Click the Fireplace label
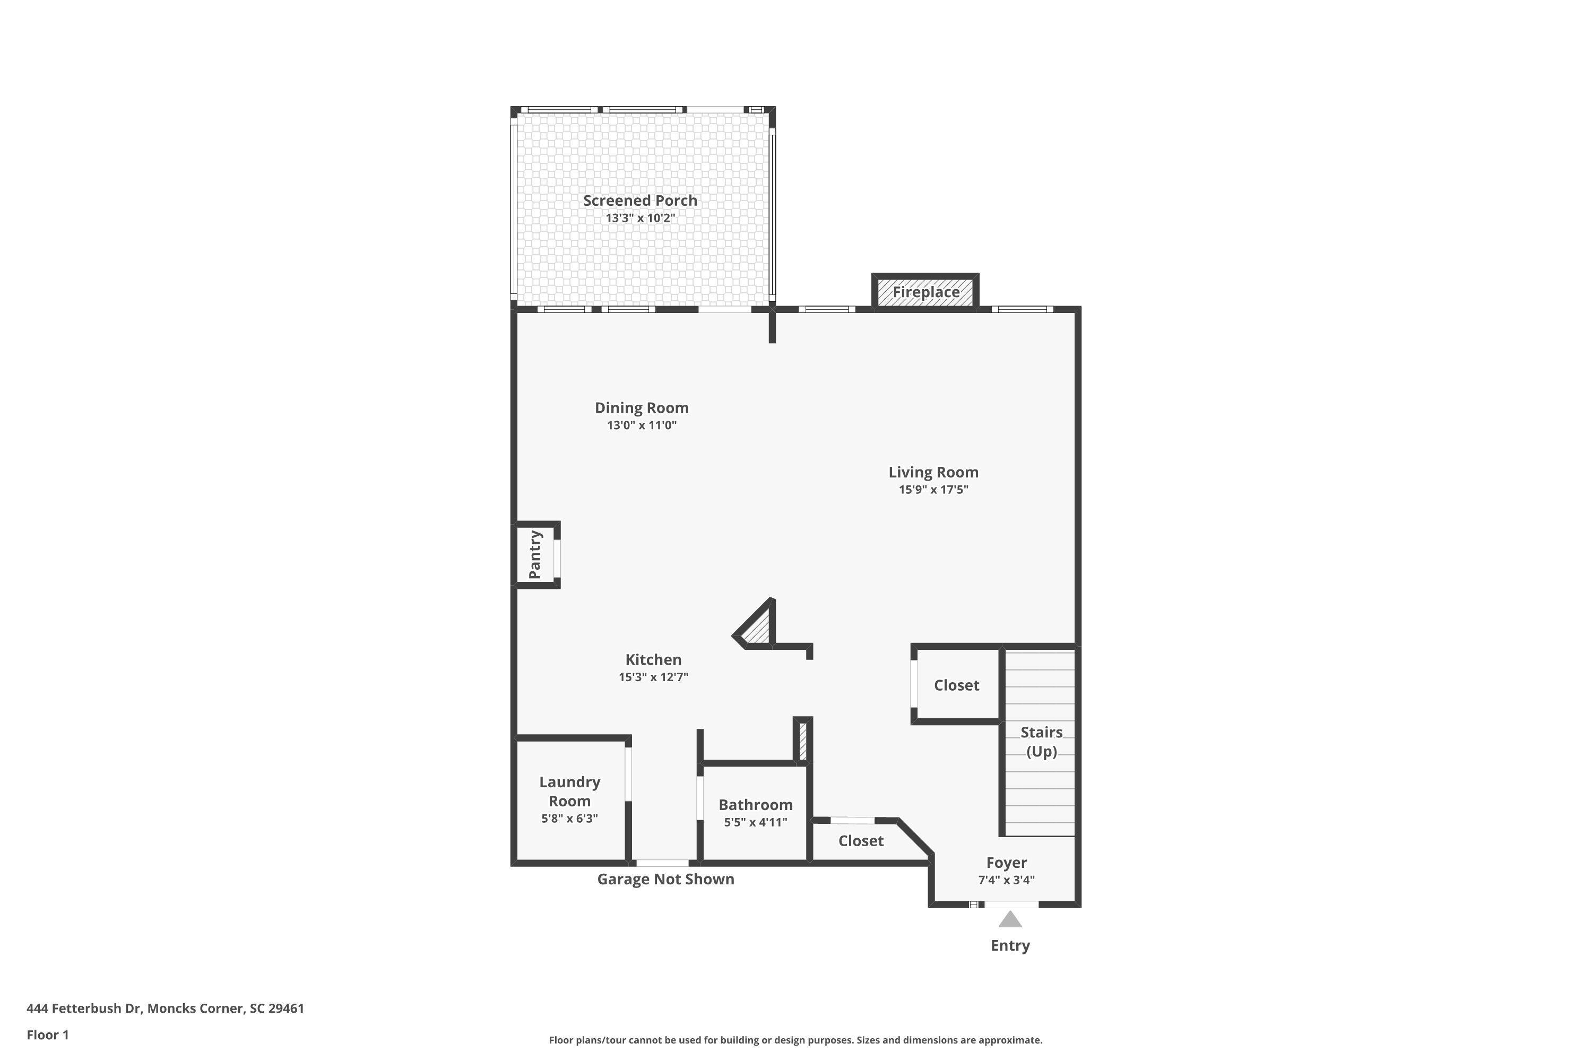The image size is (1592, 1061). tap(925, 292)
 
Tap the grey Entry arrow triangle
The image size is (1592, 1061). tap(1009, 919)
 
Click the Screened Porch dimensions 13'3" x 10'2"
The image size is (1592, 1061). tap(639, 218)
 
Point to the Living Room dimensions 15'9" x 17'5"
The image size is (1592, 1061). tap(933, 490)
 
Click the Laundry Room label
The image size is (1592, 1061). tap(569, 791)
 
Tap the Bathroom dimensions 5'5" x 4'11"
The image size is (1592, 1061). tap(755, 823)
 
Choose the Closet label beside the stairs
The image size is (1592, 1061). tap(956, 685)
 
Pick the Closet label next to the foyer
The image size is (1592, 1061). tap(860, 841)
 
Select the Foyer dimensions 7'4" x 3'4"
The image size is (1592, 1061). tap(1006, 880)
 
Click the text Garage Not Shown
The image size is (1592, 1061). tap(665, 879)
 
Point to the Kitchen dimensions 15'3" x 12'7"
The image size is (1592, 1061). tap(653, 677)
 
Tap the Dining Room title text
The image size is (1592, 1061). tap(641, 408)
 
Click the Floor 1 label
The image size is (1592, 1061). tap(47, 1034)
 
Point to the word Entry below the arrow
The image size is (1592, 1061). tap(1009, 945)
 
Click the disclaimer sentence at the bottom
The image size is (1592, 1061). tap(795, 1040)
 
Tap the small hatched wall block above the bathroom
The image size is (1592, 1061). tap(802, 742)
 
